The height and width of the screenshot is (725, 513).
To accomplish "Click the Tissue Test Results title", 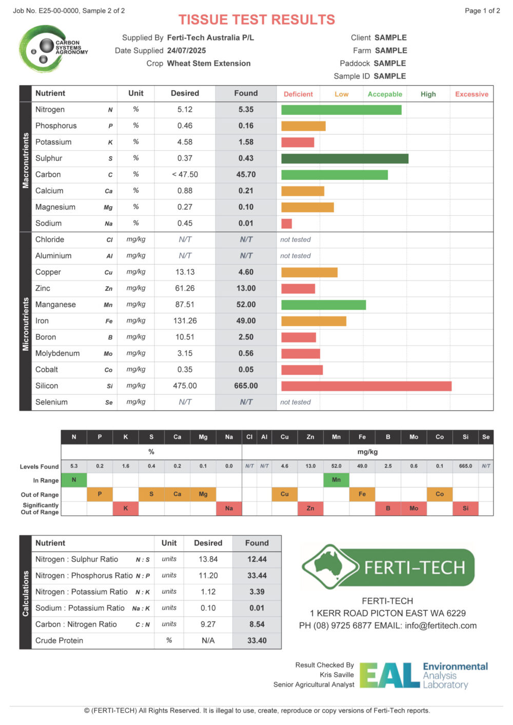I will (x=256, y=20).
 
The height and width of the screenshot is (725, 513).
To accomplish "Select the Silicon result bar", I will (x=366, y=386).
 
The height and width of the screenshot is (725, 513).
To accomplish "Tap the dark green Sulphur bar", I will (x=345, y=158).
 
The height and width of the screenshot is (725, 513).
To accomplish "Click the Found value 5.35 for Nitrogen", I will (x=246, y=110).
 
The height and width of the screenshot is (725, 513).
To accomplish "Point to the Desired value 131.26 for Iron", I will (x=185, y=321).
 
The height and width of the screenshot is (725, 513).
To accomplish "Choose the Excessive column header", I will (x=471, y=94).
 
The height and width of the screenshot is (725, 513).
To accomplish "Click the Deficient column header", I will (x=298, y=94).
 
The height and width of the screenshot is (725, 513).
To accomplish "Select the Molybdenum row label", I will (x=57, y=353).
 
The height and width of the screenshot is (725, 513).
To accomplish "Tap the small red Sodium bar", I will (x=287, y=224).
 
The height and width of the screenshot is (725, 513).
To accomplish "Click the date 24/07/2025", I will (x=186, y=51).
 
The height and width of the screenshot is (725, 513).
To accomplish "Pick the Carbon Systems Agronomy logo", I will (x=51, y=49).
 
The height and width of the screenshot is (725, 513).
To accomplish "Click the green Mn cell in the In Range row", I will (x=336, y=480).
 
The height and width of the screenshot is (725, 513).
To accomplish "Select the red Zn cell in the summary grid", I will (x=310, y=508).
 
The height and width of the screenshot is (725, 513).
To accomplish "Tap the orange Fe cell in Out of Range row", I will (x=362, y=494).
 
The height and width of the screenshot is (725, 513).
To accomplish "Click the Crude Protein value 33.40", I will (x=256, y=640).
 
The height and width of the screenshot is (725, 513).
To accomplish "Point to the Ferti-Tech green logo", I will (x=388, y=567).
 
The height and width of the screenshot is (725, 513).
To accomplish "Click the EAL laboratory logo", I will (x=424, y=675).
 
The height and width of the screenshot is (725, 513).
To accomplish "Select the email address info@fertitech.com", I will (x=441, y=626).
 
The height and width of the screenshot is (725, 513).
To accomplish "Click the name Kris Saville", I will (x=337, y=675).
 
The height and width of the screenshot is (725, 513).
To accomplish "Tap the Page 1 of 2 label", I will (x=482, y=11).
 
